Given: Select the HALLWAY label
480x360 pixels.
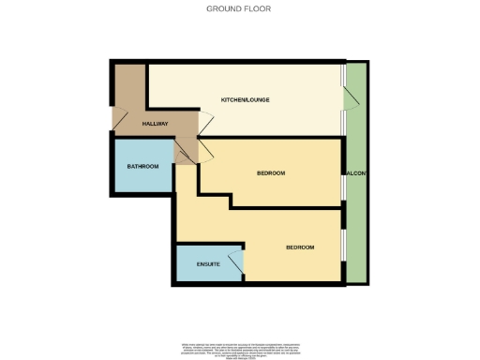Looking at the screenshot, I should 156,125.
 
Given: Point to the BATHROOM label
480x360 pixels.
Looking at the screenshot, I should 142,166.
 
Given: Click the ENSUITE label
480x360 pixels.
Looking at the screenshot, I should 208,264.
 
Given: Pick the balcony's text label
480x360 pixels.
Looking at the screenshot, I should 356,173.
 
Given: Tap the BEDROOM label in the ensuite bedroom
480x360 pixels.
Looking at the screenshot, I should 300,247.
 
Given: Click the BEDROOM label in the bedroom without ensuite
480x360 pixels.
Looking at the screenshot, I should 270,173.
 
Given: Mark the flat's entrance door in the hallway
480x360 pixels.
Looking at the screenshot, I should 119,117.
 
